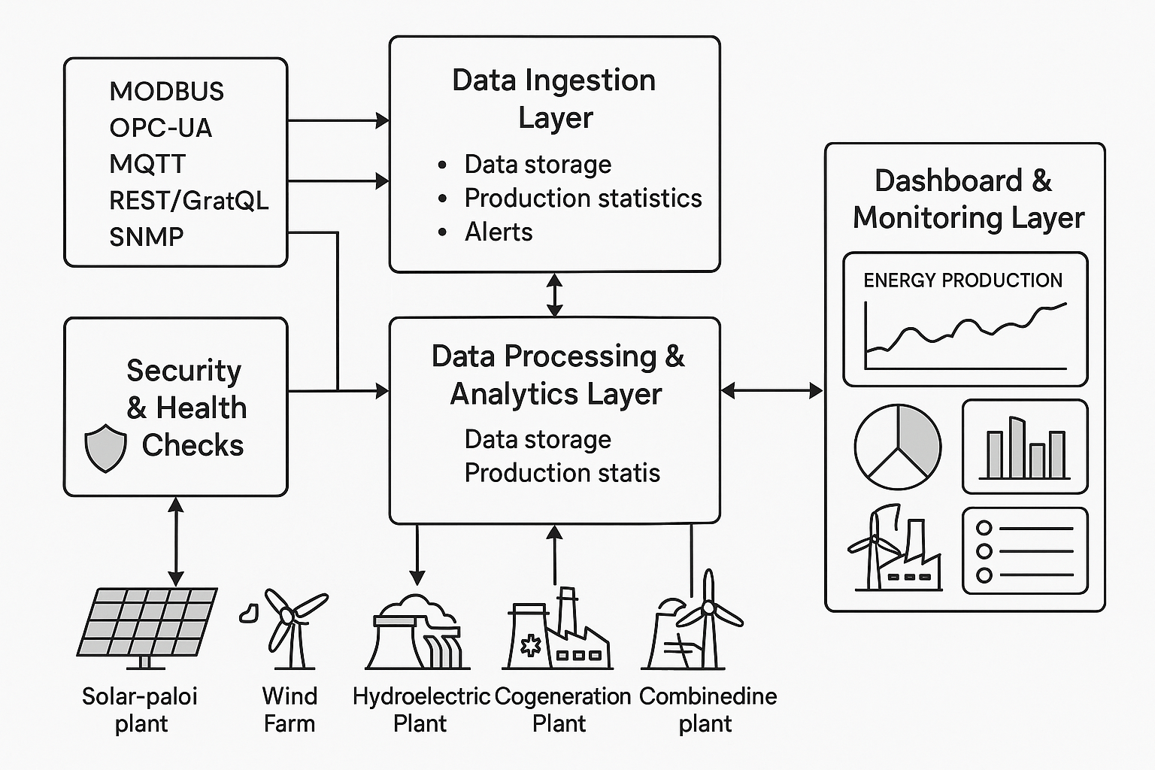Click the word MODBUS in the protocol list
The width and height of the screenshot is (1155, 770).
pyautogui.click(x=166, y=91)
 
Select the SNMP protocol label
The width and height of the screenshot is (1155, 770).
pyautogui.click(x=146, y=237)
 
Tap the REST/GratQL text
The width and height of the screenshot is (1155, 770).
pyautogui.click(x=188, y=201)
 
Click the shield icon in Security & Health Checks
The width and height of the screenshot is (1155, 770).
pyautogui.click(x=105, y=447)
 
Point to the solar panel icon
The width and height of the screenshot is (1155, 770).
pyautogui.click(x=147, y=624)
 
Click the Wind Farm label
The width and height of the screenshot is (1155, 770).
pyautogui.click(x=290, y=709)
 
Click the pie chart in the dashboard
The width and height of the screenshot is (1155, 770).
pyautogui.click(x=897, y=446)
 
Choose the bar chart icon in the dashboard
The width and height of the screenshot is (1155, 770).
pyautogui.click(x=1025, y=447)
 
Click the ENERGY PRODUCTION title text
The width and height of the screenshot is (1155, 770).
pyautogui.click(x=962, y=280)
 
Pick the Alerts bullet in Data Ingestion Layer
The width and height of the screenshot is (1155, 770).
pyautogui.click(x=498, y=232)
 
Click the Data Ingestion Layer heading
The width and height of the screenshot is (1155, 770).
pyautogui.click(x=554, y=99)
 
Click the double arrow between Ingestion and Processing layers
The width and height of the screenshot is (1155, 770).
pyautogui.click(x=554, y=295)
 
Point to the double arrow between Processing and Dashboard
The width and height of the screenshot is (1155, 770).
pyautogui.click(x=772, y=390)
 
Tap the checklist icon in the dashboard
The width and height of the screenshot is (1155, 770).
pyautogui.click(x=1025, y=551)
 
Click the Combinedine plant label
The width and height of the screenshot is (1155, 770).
pyautogui.click(x=707, y=709)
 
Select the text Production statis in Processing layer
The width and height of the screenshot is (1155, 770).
pyautogui.click(x=562, y=473)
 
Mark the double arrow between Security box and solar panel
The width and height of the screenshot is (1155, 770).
pyautogui.click(x=175, y=541)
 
